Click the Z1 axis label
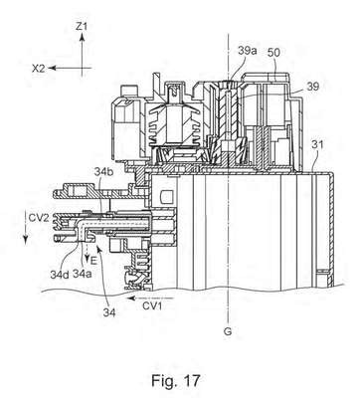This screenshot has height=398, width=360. click(82, 27)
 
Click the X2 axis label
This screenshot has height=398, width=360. click(39, 69)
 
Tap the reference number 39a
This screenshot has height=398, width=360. click(248, 51)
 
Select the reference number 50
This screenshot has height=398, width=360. click(273, 52)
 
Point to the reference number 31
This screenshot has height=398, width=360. click(317, 145)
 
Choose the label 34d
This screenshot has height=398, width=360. click(60, 275)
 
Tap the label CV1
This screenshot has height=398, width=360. click(152, 305)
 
